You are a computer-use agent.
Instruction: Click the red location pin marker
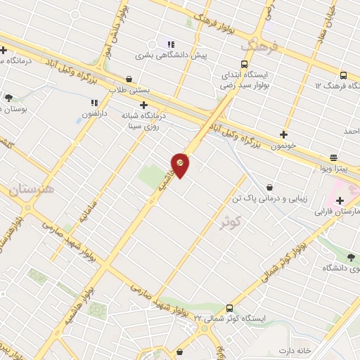point(181,165)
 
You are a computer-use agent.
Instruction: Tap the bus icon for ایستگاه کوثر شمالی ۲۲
point(230,307)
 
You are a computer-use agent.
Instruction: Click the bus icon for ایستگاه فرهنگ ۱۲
point(342,75)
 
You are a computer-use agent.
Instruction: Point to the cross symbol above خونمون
point(283,134)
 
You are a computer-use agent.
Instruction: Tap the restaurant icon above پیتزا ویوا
point(333,157)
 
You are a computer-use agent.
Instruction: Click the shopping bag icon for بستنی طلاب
point(129,79)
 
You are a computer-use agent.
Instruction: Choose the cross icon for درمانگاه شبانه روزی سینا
point(143,105)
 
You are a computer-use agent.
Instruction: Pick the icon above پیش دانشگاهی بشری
point(169,44)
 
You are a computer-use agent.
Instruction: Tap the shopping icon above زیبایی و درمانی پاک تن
point(269,187)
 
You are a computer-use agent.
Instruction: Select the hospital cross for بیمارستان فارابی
point(340,200)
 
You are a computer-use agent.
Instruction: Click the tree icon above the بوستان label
point(8,98)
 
